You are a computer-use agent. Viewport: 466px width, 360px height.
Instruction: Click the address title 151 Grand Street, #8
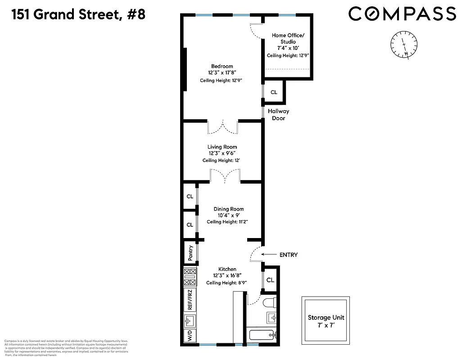[73, 14]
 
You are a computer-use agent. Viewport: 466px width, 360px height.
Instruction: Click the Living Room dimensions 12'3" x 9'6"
[222, 153]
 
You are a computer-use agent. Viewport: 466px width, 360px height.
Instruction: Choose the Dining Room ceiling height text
[227, 222]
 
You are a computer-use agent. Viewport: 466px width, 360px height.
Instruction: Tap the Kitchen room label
[227, 269]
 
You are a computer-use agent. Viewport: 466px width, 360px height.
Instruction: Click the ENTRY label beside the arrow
[289, 255]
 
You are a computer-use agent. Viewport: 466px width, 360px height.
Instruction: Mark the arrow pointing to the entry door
[269, 255]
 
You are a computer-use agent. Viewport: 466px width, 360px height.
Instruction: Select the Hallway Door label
[278, 115]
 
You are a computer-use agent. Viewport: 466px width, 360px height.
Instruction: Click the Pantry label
[190, 253]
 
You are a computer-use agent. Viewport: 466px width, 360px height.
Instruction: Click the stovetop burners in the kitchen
[190, 277]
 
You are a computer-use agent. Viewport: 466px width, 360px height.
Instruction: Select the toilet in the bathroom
[270, 302]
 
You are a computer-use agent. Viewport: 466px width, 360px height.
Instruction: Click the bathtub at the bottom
[263, 335]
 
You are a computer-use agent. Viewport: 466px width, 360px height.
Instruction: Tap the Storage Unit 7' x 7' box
[325, 321]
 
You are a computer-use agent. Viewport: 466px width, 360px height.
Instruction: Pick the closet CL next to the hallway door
[274, 92]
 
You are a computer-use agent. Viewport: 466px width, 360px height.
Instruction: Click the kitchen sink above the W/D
[190, 320]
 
